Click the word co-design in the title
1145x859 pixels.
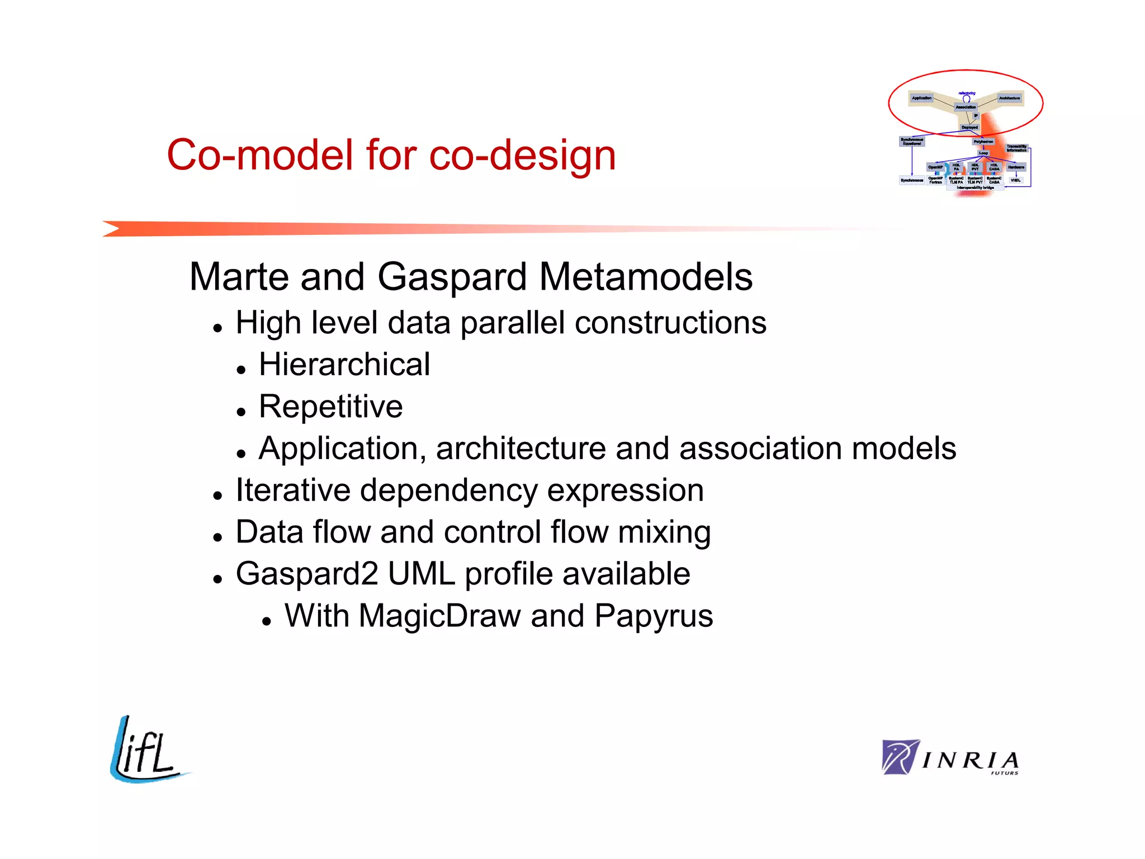click(522, 155)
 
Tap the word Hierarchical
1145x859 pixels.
click(344, 365)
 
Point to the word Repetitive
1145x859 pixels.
click(330, 407)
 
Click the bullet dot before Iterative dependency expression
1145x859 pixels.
click(218, 495)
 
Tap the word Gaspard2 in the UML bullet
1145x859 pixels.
click(307, 574)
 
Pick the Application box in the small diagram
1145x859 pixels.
click(922, 98)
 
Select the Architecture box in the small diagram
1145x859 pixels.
click(1009, 98)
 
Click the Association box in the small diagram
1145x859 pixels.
click(966, 107)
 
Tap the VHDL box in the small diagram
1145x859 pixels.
click(1015, 180)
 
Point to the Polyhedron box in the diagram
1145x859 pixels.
click(983, 141)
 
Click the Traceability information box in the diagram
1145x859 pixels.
click(1016, 148)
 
